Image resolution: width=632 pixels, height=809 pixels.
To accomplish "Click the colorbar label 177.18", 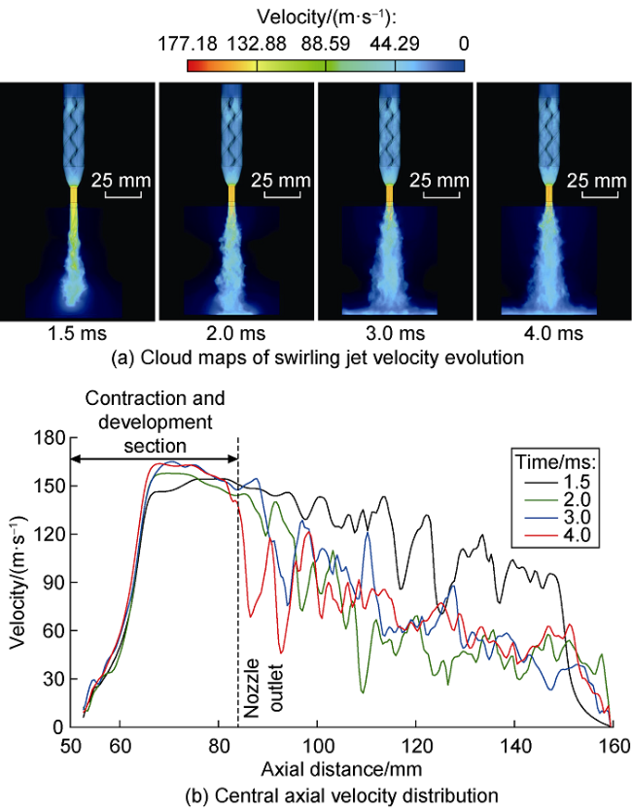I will coord(188,43).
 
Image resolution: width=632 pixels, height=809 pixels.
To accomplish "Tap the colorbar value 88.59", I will coord(326,43).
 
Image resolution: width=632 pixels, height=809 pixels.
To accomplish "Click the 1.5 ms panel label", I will coord(78,334).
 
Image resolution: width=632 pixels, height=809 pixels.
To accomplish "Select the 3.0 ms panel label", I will coord(397,334).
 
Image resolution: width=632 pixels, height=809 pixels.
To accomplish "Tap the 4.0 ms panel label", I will coord(555,334).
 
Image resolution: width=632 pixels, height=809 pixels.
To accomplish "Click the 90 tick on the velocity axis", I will coord(53,582).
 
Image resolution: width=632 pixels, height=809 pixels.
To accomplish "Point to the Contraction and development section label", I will coord(156,421).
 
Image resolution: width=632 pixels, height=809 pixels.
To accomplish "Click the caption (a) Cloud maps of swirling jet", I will coord(316,359).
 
